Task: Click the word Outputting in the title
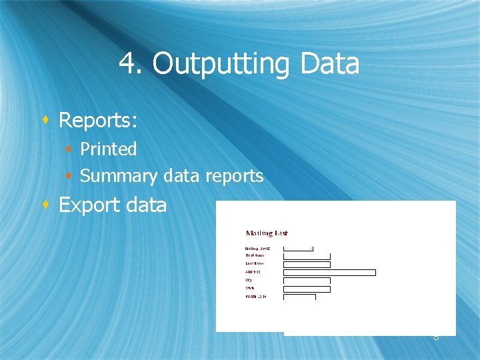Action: [x=221, y=65]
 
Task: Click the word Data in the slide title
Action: [x=330, y=64]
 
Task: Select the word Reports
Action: [x=97, y=120]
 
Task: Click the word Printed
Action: [x=108, y=149]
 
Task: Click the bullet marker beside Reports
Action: [x=45, y=121]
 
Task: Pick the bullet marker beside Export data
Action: [x=45, y=205]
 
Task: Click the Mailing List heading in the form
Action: [x=267, y=233]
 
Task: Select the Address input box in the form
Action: [x=329, y=272]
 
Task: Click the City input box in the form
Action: [x=307, y=281]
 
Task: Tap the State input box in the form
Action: [x=307, y=289]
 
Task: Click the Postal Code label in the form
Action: [x=256, y=296]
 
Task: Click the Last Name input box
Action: [x=307, y=264]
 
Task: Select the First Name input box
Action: [x=307, y=256]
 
